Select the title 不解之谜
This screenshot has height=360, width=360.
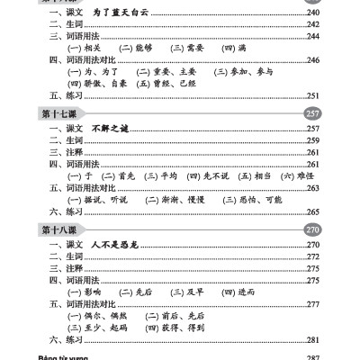pos(112,128)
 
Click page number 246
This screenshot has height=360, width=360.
pos(313,59)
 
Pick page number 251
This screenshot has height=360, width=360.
pos(313,95)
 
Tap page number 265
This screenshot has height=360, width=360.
pos(313,211)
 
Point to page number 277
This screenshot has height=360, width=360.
pos(313,304)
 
